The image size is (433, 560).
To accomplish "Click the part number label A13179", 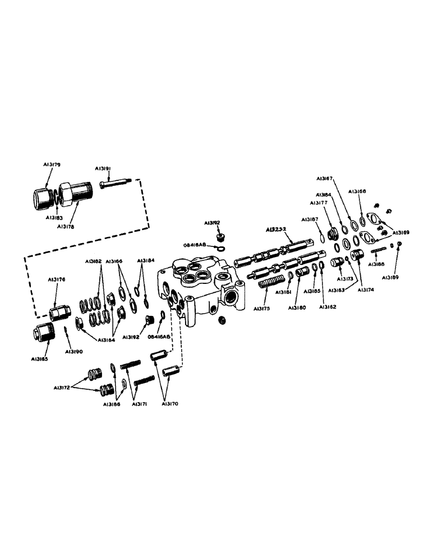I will click(52, 165).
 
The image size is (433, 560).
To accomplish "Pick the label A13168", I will click(357, 192).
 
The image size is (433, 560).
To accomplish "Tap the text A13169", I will click(400, 232).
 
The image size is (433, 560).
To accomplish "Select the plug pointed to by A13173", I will click(338, 263).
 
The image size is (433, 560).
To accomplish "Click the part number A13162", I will click(329, 307).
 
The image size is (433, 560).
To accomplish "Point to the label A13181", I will click(282, 292).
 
